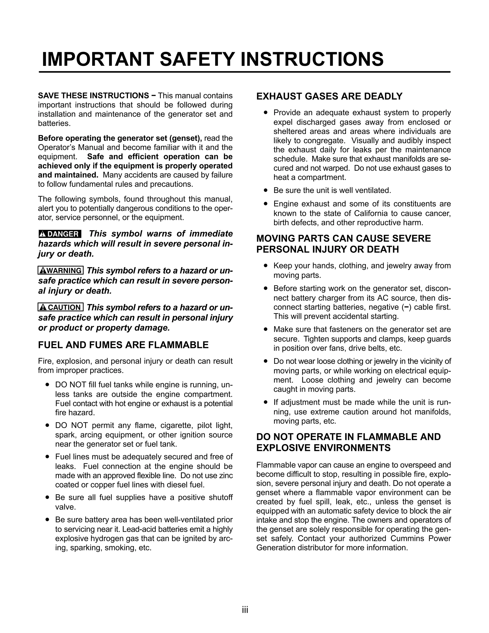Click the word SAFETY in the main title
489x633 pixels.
197,59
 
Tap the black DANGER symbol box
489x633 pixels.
60,234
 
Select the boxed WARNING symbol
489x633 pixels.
61,270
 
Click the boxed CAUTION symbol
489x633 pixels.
61,307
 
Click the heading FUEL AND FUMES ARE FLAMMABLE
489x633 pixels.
123,345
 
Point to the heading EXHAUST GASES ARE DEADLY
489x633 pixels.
329,96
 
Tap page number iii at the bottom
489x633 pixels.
245,610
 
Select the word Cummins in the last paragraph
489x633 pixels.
406,538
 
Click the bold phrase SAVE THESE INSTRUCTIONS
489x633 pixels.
94,96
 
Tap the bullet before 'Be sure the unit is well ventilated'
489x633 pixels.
265,190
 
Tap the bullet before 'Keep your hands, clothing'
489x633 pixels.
265,266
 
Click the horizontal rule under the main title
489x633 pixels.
244,72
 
